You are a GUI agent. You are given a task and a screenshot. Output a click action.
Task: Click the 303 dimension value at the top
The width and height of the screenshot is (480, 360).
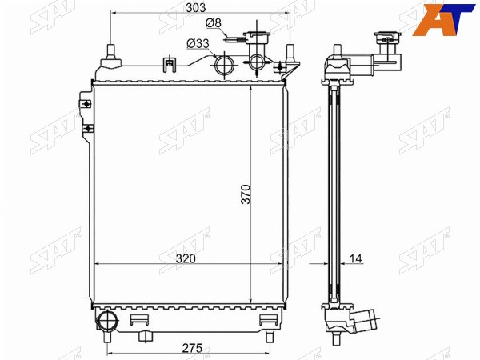[196, 8]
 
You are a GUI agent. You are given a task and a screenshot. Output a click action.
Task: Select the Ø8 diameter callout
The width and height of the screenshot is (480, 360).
[213, 23]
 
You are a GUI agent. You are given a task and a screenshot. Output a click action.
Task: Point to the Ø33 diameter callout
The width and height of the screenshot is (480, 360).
[198, 44]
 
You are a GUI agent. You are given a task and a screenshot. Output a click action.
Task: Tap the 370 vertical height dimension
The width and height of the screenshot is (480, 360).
[246, 194]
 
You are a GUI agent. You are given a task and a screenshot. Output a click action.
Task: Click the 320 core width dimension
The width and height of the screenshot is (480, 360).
[186, 258]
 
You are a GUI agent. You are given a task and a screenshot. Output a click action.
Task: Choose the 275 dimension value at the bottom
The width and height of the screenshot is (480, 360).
[192, 348]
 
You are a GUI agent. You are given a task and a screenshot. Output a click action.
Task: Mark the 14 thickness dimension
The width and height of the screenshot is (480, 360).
[355, 258]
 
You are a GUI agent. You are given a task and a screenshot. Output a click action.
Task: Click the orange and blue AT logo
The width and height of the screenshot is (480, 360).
[443, 19]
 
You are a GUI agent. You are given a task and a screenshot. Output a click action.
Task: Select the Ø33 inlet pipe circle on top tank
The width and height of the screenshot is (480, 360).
[224, 65]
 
